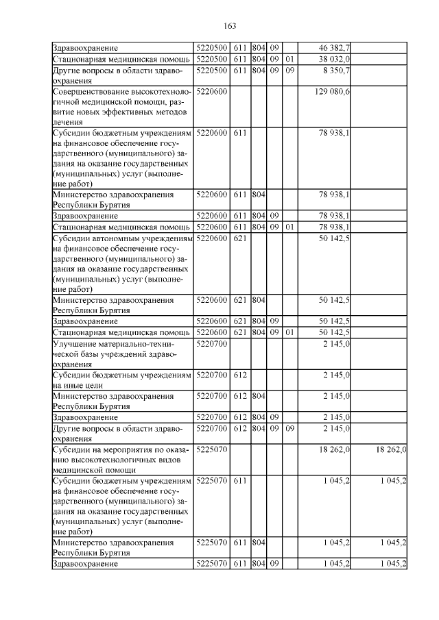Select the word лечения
pyautogui.click(x=68, y=121)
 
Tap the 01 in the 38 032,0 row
pyautogui.click(x=289, y=59)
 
